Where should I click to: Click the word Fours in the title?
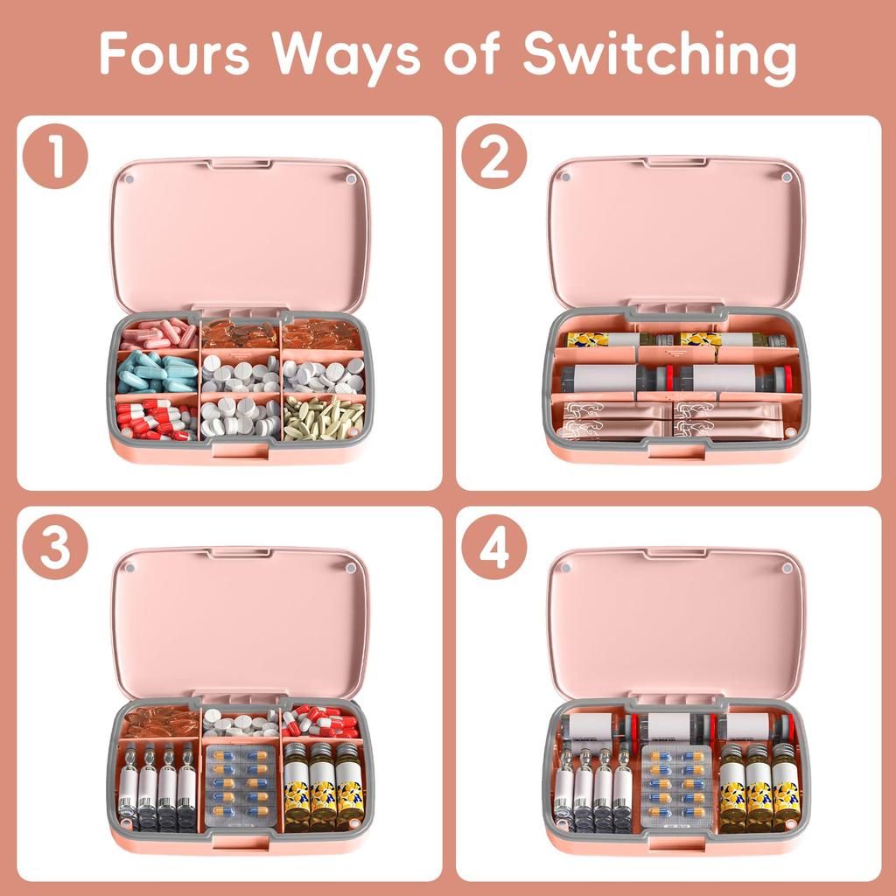coord(174,54)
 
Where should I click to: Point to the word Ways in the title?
coord(346,54)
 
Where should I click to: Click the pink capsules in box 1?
coord(158,334)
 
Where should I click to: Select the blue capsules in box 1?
coord(157,373)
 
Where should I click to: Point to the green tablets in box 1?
coord(323,417)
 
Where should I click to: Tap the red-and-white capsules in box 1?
coord(157,418)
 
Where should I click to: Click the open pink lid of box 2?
coord(676,232)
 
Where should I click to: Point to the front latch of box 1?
coord(240,451)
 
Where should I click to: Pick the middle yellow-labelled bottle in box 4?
coord(759,786)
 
